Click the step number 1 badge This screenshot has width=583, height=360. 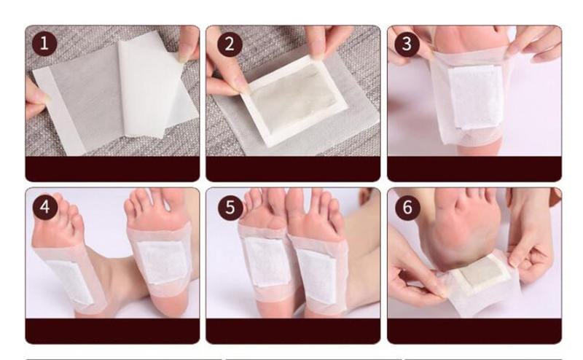[44, 44]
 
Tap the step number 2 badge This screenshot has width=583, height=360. [230, 44]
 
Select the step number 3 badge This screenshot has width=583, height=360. [407, 44]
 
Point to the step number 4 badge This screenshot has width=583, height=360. [45, 207]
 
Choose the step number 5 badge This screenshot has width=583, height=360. [230, 207]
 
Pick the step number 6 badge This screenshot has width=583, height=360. [407, 207]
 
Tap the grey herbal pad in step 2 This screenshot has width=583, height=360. [294, 98]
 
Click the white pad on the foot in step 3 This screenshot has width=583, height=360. [476, 97]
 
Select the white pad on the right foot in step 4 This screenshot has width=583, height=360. [162, 262]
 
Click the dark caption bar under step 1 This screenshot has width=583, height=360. [112, 169]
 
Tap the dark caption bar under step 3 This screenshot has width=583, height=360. [474, 169]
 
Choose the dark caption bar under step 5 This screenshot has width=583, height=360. [293, 331]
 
